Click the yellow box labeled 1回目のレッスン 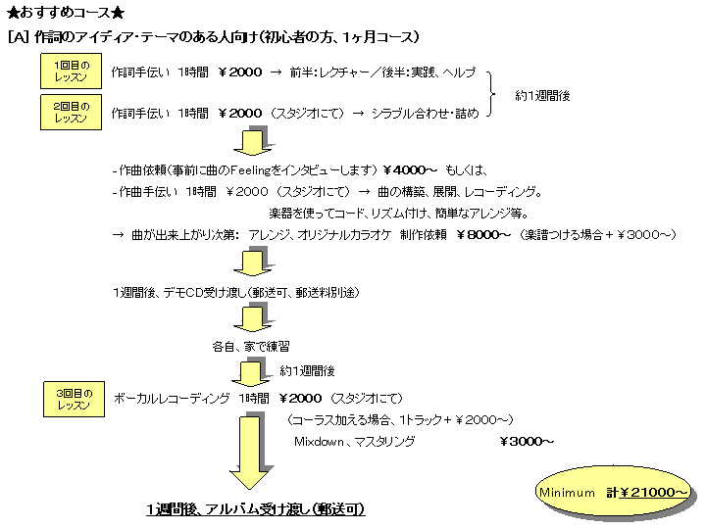72,72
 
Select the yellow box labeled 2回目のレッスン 72,112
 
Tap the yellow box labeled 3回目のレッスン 73,399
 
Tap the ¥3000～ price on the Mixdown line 528,442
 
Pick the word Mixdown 321,442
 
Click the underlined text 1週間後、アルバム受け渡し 256,509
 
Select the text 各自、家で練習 251,346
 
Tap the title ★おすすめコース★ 66,13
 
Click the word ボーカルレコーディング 172,398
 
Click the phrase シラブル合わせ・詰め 424,113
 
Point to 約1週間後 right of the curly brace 543,96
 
